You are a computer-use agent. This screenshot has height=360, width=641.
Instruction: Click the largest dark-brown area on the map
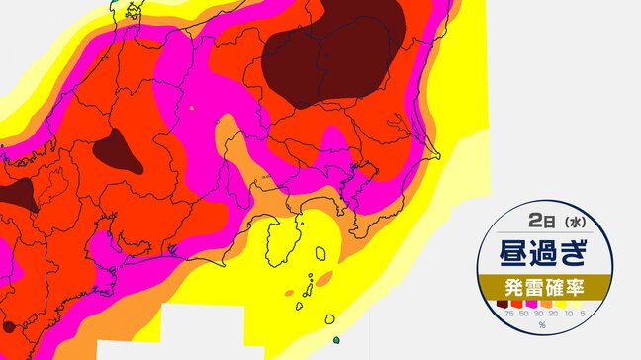[331, 54]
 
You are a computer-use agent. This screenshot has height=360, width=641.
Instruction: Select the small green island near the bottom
[336, 341]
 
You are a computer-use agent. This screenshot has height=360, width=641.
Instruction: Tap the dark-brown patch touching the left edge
[15, 193]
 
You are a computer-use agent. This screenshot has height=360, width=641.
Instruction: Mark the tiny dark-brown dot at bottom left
[9, 325]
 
